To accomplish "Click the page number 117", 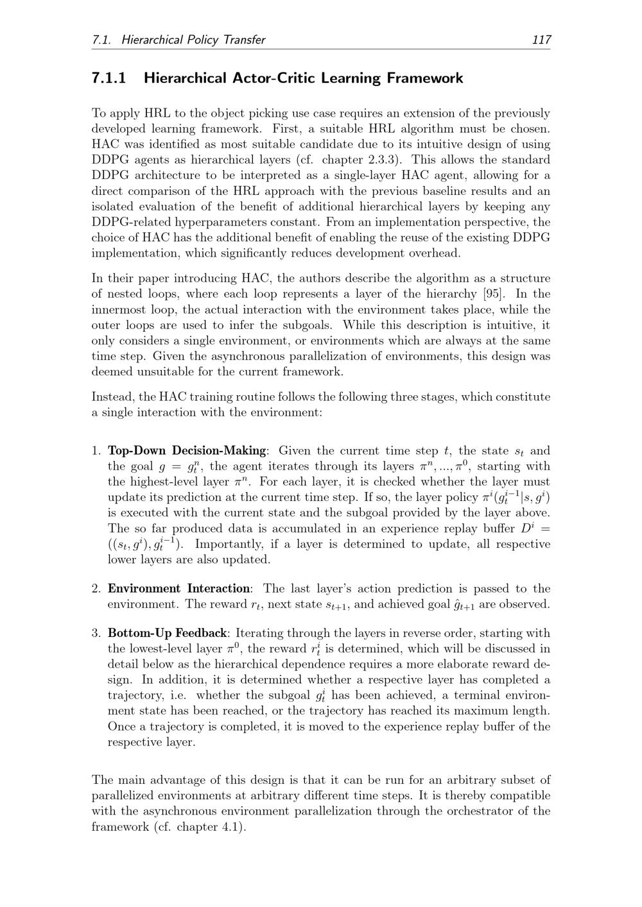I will point(541,40).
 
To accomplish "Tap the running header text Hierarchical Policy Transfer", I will point(193,40).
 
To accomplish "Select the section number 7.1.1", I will point(109,78).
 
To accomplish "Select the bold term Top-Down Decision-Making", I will point(186,451).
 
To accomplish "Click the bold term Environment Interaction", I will point(178,588).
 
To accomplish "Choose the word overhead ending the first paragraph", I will point(438,253).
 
